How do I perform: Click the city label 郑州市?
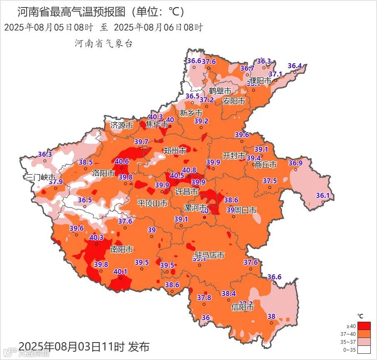pos(175,151)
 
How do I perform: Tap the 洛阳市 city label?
pos(103,173)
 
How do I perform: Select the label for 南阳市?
pos(121,249)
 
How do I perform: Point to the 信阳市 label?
pos(242,308)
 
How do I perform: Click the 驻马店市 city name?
pos(210,255)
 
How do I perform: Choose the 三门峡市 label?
pos(41,178)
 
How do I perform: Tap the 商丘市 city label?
pos(266,165)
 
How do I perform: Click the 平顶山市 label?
pos(153,203)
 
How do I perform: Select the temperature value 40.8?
pos(189,170)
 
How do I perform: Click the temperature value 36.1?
pos(323,195)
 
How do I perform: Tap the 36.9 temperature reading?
pos(296,163)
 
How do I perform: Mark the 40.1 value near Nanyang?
pos(121,271)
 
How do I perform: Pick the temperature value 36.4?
pos(295,66)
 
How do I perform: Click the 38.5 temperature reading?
pos(86,162)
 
